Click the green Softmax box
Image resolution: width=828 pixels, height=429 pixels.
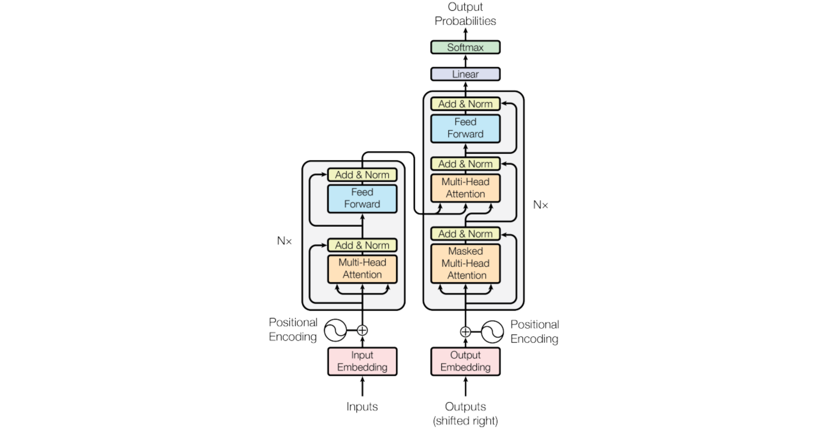465,47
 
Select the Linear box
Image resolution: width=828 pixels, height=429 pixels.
465,74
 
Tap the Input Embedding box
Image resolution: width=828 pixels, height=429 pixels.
362,361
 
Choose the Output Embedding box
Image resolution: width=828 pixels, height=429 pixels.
465,361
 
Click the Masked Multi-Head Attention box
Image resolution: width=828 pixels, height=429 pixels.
465,263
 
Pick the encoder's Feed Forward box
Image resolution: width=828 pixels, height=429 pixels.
362,198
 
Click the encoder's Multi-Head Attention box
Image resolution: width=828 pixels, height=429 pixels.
362,269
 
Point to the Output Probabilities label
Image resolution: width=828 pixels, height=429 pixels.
465,14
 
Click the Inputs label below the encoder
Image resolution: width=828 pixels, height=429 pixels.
362,407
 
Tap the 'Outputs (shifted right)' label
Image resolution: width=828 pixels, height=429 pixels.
465,413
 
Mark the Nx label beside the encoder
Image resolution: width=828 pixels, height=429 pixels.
284,241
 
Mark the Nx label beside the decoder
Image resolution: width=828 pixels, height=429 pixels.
540,205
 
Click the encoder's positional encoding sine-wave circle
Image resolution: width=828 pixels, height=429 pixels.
335,330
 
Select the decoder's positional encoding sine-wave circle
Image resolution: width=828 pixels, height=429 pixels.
492,332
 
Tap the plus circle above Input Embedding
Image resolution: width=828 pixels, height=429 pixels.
362,330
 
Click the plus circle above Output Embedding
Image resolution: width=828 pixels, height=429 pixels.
465,332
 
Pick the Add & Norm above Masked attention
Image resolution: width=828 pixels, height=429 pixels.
465,234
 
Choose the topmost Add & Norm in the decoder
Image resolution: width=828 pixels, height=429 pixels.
465,104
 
